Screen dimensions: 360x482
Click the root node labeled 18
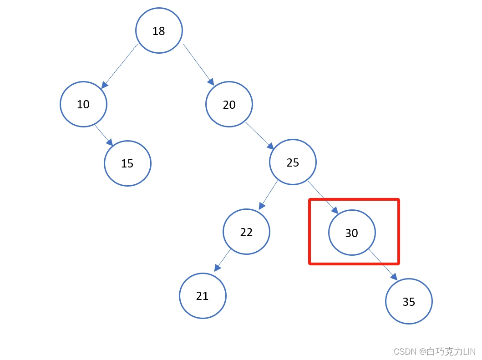[159, 31]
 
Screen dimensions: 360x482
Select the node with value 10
[83, 104]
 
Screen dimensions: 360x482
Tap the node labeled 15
[127, 163]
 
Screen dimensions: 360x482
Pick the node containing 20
[229, 104]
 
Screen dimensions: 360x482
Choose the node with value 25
[293, 162]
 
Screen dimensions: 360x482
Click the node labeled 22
[246, 232]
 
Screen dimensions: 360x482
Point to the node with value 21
[203, 296]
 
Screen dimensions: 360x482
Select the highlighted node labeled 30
[352, 233]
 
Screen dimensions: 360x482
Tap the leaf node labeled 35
[409, 301]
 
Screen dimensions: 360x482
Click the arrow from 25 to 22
[269, 194]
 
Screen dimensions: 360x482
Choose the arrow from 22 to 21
[223, 260]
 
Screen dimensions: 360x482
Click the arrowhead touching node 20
[210, 82]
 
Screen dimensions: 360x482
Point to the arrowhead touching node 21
[217, 268]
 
